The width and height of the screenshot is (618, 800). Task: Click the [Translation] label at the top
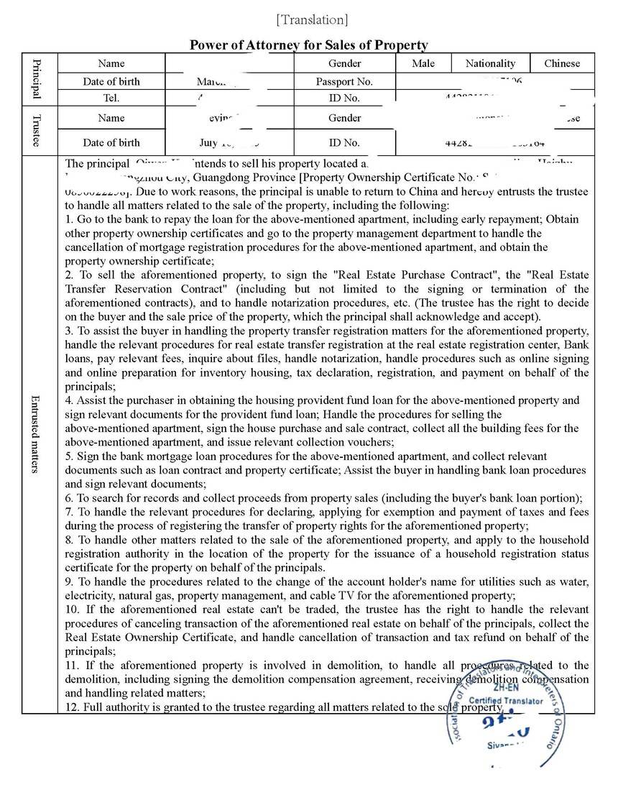[311, 19]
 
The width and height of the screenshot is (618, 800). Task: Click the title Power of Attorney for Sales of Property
[308, 45]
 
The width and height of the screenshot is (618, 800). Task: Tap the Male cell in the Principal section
[423, 63]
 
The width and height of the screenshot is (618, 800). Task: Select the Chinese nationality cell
[562, 63]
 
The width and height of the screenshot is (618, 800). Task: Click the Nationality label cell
[490, 63]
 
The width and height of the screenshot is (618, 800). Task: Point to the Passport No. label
[344, 81]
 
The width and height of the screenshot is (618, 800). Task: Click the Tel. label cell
[111, 98]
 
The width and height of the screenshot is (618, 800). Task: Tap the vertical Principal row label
[38, 79]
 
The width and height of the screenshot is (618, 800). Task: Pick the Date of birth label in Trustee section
[111, 142]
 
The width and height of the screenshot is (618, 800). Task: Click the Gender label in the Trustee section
[344, 118]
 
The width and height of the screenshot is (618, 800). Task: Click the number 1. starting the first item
[69, 219]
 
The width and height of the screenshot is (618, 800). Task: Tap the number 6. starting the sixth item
[69, 498]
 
